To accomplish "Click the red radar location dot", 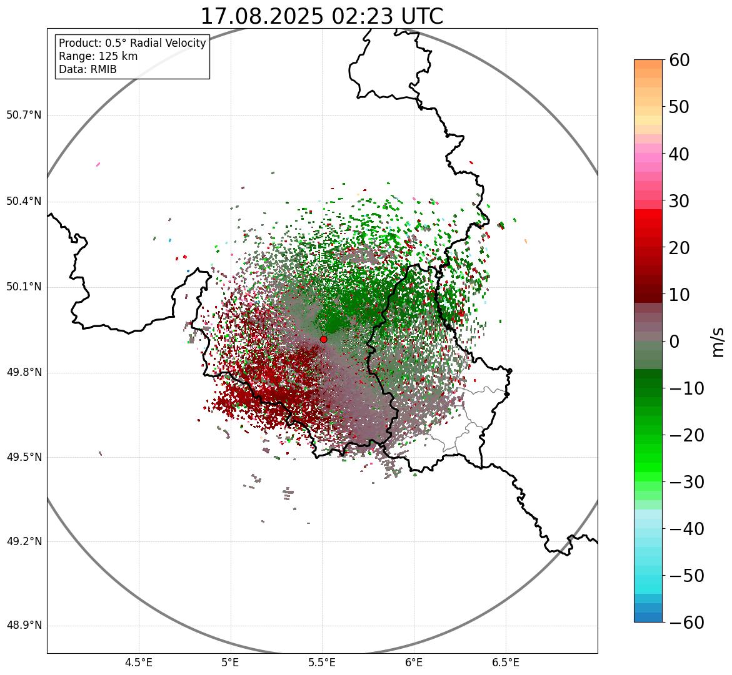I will tap(323, 339).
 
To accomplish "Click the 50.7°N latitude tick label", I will tap(24, 116).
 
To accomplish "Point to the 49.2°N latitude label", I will tap(24, 541).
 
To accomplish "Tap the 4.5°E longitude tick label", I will tap(139, 663).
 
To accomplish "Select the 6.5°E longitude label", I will tap(505, 663).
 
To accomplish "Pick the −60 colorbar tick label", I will tap(686, 623).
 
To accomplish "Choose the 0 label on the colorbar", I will tap(674, 342).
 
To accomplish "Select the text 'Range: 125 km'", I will tap(98, 56).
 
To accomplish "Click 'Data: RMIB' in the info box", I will tap(88, 69).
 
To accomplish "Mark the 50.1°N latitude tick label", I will tap(24, 287).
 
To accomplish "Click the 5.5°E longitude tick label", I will tap(322, 663).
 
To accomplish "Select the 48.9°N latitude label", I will tap(24, 626).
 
